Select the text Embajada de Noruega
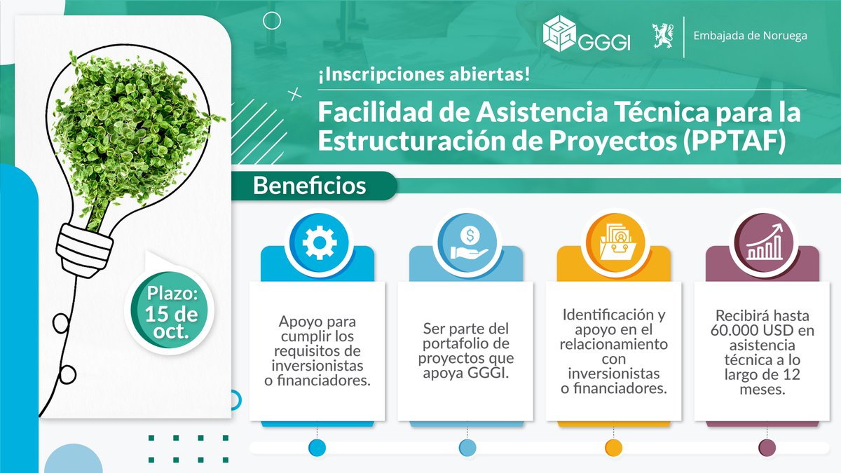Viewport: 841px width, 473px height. pos(748,35)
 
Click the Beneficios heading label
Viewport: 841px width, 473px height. pos(309,186)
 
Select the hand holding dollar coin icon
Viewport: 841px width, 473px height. pos(467,242)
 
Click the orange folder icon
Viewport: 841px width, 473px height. pos(614,242)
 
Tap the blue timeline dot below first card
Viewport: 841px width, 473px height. pos(317,447)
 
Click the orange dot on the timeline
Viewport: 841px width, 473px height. pos(613,447)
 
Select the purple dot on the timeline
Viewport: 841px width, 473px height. pos(767,447)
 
